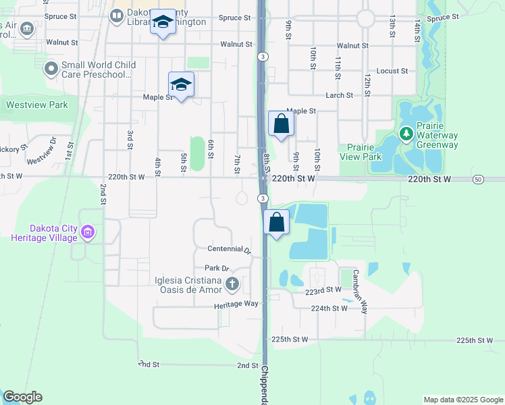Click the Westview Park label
[x=37, y=105]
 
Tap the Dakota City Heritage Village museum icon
[x=87, y=233]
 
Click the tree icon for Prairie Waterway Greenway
[x=406, y=134]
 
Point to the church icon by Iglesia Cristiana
[x=232, y=283]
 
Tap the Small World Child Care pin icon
[x=51, y=69]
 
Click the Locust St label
[x=392, y=71]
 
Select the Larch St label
[x=340, y=96]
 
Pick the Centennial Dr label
[x=229, y=250]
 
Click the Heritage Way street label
[x=242, y=304]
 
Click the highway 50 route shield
[x=478, y=179]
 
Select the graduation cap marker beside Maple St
[x=181, y=85]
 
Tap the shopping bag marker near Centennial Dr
[x=277, y=223]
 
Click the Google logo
[x=22, y=397]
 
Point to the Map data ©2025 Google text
[x=462, y=400]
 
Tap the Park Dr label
[x=217, y=268]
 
